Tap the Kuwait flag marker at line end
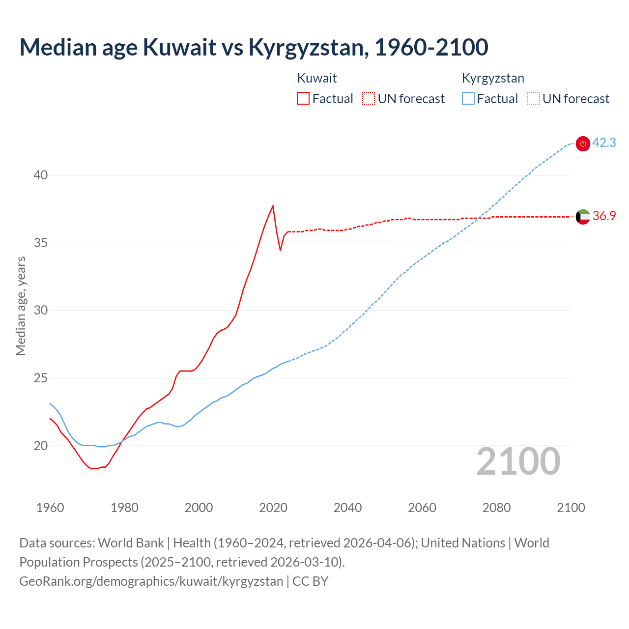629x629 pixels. [x=583, y=217]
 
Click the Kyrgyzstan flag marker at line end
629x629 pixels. [x=583, y=143]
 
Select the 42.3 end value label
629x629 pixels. [x=604, y=143]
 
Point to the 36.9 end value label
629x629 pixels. [x=604, y=216]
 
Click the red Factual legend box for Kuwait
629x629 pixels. [x=303, y=99]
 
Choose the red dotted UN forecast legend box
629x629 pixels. [x=369, y=99]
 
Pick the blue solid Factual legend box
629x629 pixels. [x=468, y=99]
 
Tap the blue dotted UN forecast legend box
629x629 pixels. [x=534, y=99]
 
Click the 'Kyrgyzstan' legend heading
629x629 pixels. [x=493, y=78]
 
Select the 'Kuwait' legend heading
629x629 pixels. [x=317, y=78]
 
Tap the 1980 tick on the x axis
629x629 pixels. [x=124, y=508]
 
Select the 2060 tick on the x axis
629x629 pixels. [x=422, y=508]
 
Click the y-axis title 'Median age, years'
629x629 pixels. [x=21, y=306]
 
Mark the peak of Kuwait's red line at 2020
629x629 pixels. [x=273, y=206]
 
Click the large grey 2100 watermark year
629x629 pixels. [x=518, y=461]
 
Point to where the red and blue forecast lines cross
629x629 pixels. [x=479, y=218]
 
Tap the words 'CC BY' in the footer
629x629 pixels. [x=310, y=581]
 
